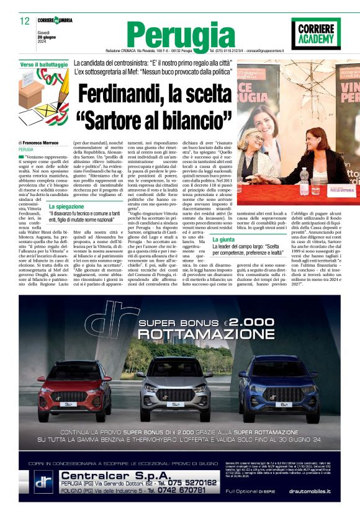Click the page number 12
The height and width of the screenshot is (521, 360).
tap(25, 21)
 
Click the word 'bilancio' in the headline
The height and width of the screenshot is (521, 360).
tap(192, 118)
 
